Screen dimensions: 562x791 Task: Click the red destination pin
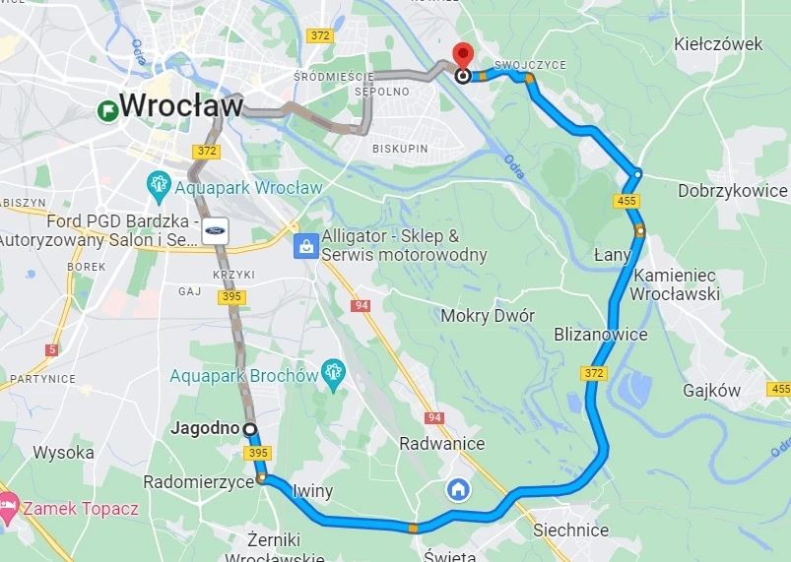pyautogui.click(x=461, y=55)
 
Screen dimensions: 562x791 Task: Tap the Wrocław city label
pyautogui.click(x=180, y=105)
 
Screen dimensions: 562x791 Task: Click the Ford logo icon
pyautogui.click(x=216, y=228)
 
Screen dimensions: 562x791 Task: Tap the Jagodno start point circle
pyautogui.click(x=249, y=429)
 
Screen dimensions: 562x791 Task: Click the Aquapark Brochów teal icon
pyautogui.click(x=333, y=373)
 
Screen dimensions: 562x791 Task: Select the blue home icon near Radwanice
pyautogui.click(x=458, y=489)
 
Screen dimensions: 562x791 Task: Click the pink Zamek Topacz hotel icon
pyautogui.click(x=7, y=507)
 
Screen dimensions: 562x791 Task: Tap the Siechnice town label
pyautogui.click(x=570, y=530)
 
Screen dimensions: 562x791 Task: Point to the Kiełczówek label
pyautogui.click(x=718, y=44)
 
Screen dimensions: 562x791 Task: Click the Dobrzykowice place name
pyautogui.click(x=733, y=191)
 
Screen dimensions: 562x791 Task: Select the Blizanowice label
pyautogui.click(x=601, y=335)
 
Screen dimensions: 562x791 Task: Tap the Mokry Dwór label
pyautogui.click(x=488, y=316)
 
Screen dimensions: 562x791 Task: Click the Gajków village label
pyautogui.click(x=712, y=391)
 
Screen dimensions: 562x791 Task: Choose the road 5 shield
pyautogui.click(x=51, y=349)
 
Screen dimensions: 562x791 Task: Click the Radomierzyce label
pyautogui.click(x=198, y=482)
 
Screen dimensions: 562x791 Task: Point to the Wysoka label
pyautogui.click(x=63, y=453)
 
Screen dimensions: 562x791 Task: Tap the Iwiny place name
pyautogui.click(x=313, y=491)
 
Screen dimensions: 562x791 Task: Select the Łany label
pyautogui.click(x=612, y=255)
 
